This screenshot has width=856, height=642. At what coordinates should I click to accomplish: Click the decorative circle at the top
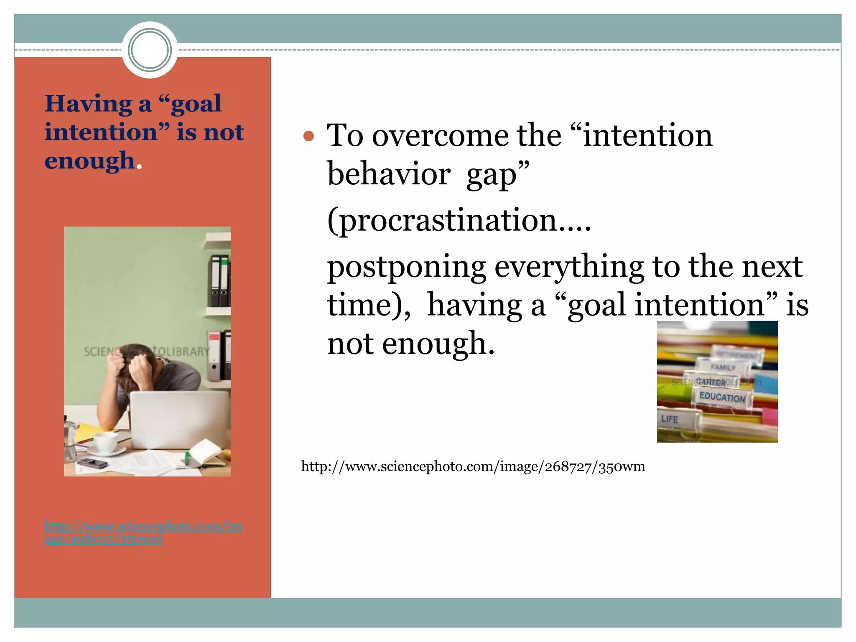[x=150, y=50]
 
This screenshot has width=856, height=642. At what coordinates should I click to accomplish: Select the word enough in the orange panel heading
[x=89, y=161]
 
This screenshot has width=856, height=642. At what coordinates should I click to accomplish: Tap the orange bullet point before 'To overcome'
[x=308, y=136]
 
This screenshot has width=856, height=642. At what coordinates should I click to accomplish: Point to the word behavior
[x=389, y=174]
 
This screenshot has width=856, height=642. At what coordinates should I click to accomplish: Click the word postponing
[x=406, y=266]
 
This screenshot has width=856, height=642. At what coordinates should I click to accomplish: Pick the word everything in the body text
[x=569, y=266]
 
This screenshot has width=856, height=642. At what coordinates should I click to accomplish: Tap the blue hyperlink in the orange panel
[x=143, y=532]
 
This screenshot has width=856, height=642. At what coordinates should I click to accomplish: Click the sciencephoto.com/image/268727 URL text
[x=473, y=466]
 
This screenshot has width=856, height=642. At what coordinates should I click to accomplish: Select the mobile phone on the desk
[x=92, y=462]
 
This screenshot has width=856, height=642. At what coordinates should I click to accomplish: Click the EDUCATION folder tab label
[x=722, y=397]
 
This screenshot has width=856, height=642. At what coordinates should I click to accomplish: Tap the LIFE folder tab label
[x=669, y=419]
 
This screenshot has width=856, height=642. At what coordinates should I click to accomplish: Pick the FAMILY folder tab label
[x=723, y=367]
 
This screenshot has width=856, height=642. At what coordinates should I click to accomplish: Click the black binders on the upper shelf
[x=219, y=280]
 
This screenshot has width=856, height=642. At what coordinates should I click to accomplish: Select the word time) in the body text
[x=368, y=305]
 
